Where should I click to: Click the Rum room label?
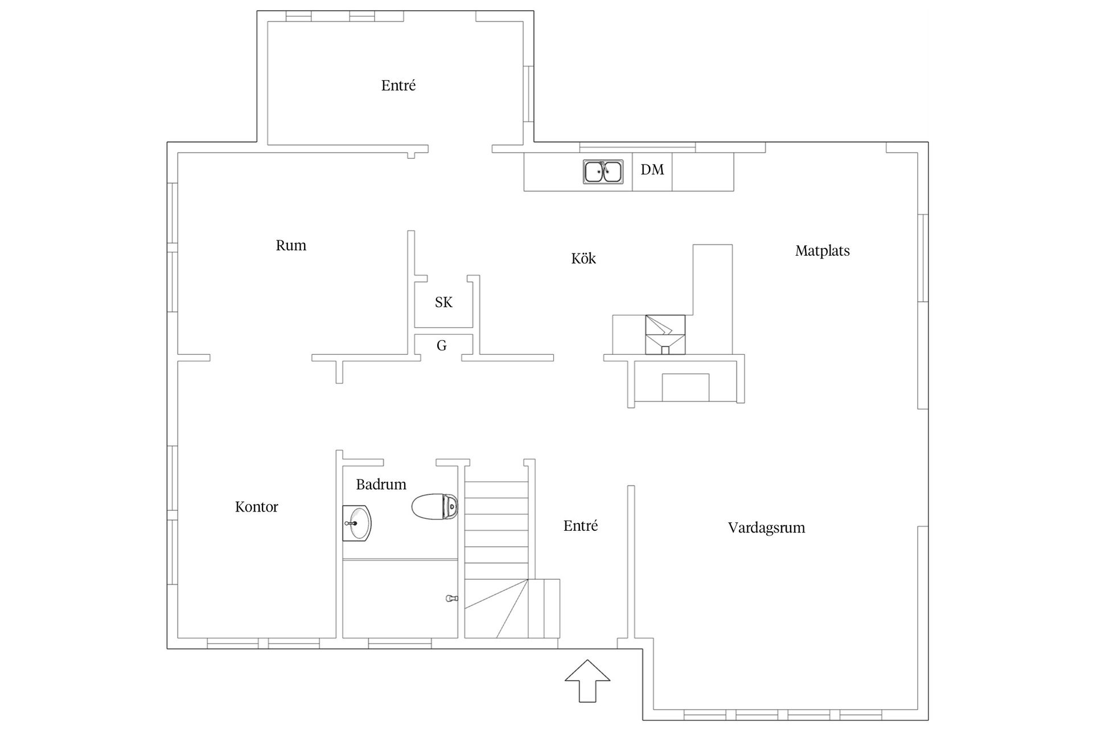[x=291, y=245]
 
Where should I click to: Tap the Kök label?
[x=584, y=259]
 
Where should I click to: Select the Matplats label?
[x=822, y=251]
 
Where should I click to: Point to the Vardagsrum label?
[x=766, y=527]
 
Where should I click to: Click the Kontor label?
[x=257, y=507]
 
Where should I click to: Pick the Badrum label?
[x=381, y=485]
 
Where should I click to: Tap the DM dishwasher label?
[x=652, y=169]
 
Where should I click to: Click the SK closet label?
[x=443, y=302]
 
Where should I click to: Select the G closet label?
[x=441, y=345]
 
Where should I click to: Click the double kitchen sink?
[x=603, y=171]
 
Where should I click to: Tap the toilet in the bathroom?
[x=435, y=506]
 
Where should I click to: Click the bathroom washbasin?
[x=357, y=523]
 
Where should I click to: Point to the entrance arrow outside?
[x=587, y=681]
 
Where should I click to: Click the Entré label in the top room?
[x=398, y=85]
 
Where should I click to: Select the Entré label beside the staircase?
[x=581, y=526]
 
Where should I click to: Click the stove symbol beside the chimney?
[x=665, y=334]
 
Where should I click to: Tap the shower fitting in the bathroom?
[x=451, y=598]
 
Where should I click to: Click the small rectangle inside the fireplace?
[x=685, y=387]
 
